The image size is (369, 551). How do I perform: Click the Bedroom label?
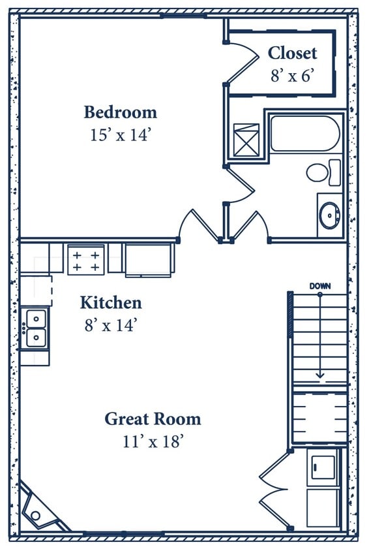[x=120, y=112]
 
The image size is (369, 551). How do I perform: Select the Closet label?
[x=292, y=53]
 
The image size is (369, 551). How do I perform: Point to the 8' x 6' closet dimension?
[x=293, y=75]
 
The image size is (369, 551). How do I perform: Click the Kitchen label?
[x=111, y=303]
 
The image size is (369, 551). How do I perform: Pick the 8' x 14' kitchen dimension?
[x=111, y=325]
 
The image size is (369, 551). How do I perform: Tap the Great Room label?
[x=153, y=418]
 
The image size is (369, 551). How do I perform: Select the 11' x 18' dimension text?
[x=153, y=441]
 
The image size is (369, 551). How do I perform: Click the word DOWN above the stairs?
[x=320, y=286]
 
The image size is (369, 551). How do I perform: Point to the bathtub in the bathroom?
[x=304, y=134]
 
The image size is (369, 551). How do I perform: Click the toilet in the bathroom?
[x=319, y=172]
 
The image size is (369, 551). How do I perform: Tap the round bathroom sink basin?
[x=330, y=214]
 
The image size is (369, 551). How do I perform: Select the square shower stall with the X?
[x=246, y=140]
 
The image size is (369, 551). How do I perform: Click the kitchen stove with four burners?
[x=86, y=259]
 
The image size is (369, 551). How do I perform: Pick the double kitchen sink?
[x=35, y=327]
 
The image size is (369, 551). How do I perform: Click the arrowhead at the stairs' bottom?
[x=320, y=375]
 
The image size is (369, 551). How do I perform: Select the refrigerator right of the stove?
[x=149, y=259]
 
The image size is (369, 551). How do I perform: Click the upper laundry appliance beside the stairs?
[x=323, y=466]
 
